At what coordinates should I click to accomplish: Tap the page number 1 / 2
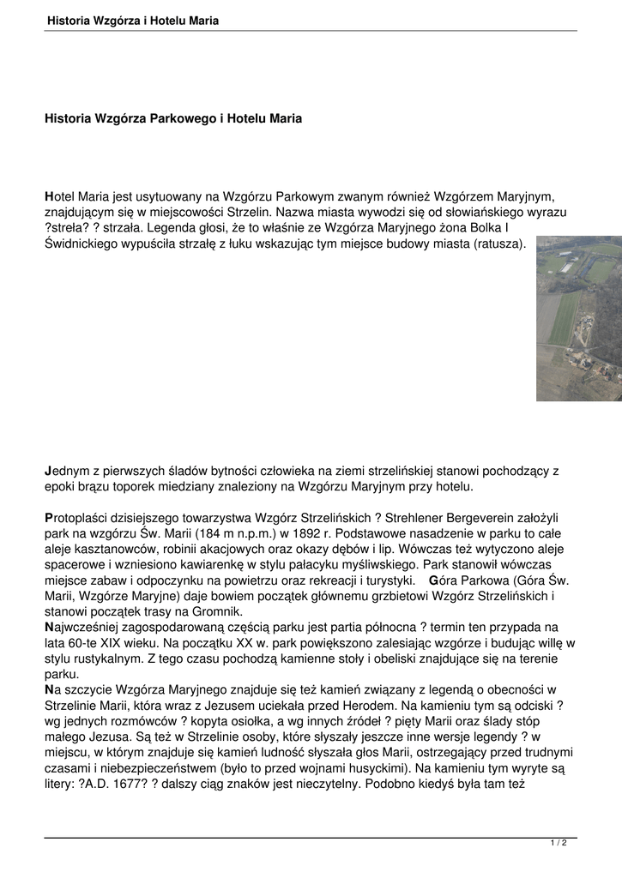559,843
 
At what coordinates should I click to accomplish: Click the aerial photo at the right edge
579,318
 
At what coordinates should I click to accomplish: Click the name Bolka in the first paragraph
487,227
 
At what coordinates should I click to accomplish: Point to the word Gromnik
219,611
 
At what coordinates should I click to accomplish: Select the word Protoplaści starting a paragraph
78,519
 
